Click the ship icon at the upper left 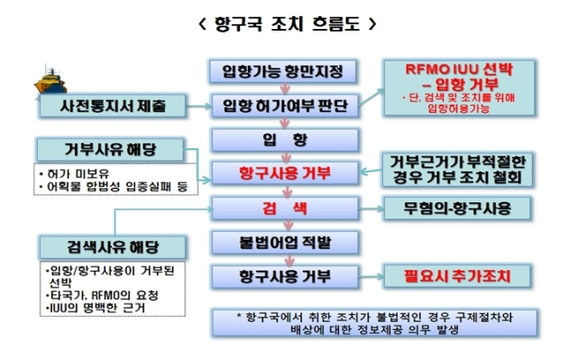point(50,80)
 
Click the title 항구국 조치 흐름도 point(288,24)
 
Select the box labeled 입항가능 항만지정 point(283,71)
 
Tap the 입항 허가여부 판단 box point(285,106)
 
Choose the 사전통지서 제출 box point(113,106)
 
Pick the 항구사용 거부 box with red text point(285,173)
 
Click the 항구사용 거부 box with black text point(285,276)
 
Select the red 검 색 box point(285,208)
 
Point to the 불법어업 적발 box point(285,243)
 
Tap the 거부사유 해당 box point(110,150)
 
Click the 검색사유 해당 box point(113,247)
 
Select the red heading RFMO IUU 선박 point(459,69)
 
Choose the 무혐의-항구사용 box point(457,208)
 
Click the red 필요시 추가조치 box point(457,276)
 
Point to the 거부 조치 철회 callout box point(457,170)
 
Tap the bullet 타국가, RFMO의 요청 point(102,296)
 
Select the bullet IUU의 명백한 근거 point(95,308)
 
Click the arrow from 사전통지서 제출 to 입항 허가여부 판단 point(199,106)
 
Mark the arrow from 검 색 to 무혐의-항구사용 point(371,208)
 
